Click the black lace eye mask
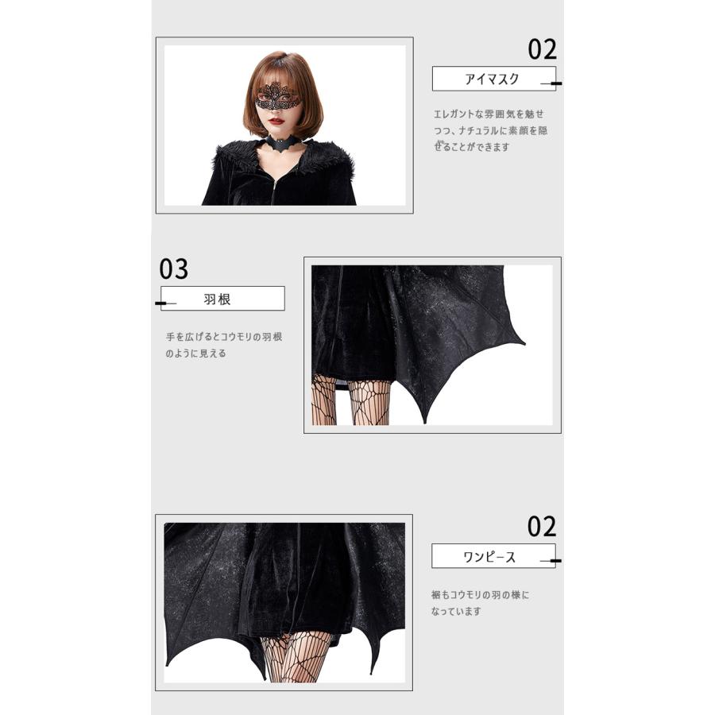pos(277,97)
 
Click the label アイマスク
pos(492,79)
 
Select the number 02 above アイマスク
pos(543,49)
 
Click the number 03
pos(174,269)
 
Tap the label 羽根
pos(217,300)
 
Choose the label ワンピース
pos(489,556)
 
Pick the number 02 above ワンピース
pos(543,527)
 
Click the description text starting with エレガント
pos(490,130)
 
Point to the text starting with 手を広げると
pos(223,345)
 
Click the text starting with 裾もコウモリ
pos(481,603)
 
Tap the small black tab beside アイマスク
pos(556,83)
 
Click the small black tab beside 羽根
pos(161,303)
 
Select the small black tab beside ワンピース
pos(556,561)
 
